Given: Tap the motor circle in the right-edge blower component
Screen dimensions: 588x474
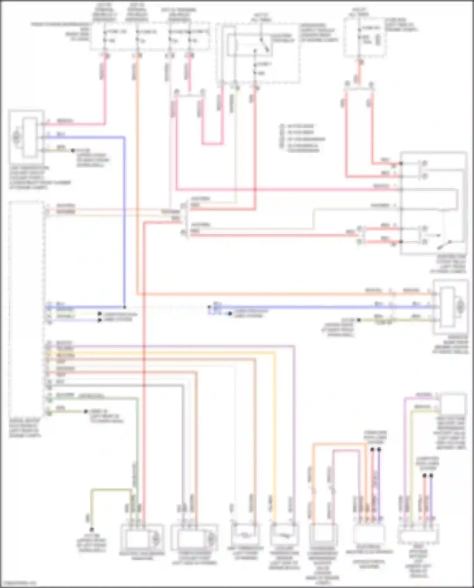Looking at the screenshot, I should click(460, 306).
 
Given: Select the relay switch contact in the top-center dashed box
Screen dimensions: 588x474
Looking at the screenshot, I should click(265, 45).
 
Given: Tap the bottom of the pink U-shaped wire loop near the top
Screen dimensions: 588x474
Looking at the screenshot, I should click(212, 144).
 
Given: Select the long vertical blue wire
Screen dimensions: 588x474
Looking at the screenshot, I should click(124, 221).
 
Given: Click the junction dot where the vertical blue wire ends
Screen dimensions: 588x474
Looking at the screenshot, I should click(125, 307).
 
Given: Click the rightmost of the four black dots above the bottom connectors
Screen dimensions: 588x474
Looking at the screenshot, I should click(431, 476).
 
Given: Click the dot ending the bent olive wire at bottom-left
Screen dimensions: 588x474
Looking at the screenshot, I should click(92, 530).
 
